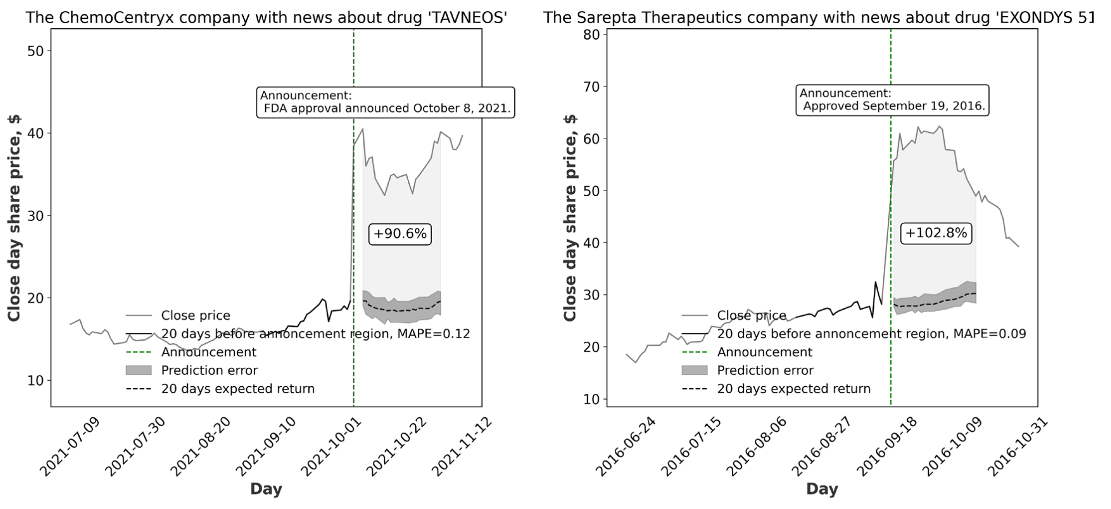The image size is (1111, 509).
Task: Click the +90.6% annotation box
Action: click(x=399, y=234)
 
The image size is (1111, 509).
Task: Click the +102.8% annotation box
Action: click(x=936, y=233)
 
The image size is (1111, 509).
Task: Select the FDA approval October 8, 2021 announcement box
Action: click(x=386, y=102)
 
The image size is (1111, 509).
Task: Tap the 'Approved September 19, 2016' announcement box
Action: click(x=892, y=100)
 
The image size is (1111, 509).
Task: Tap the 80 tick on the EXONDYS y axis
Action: click(x=592, y=34)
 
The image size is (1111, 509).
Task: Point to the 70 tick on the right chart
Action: click(x=592, y=87)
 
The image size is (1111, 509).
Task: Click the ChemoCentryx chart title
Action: click(x=266, y=18)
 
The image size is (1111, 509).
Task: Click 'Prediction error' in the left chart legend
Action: click(x=209, y=371)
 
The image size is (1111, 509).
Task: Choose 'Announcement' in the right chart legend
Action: click(x=764, y=352)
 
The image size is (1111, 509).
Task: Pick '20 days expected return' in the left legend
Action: click(x=238, y=389)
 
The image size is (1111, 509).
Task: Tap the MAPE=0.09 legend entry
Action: click(x=871, y=334)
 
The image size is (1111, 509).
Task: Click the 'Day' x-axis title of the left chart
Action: click(x=266, y=489)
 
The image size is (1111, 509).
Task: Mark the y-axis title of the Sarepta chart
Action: click(x=570, y=218)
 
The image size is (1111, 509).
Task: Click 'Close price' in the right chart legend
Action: click(x=751, y=316)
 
